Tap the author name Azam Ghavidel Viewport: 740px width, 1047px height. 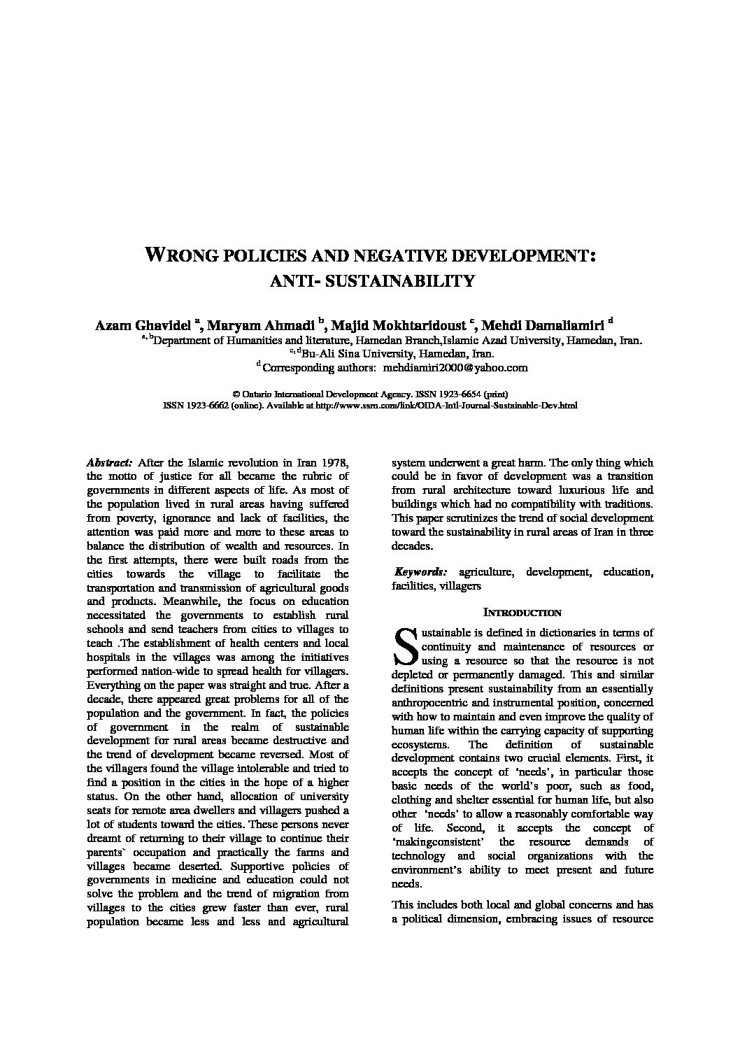[x=143, y=325]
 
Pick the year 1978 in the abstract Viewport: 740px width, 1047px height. [x=334, y=463]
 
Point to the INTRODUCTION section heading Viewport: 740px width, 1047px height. [x=522, y=613]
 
